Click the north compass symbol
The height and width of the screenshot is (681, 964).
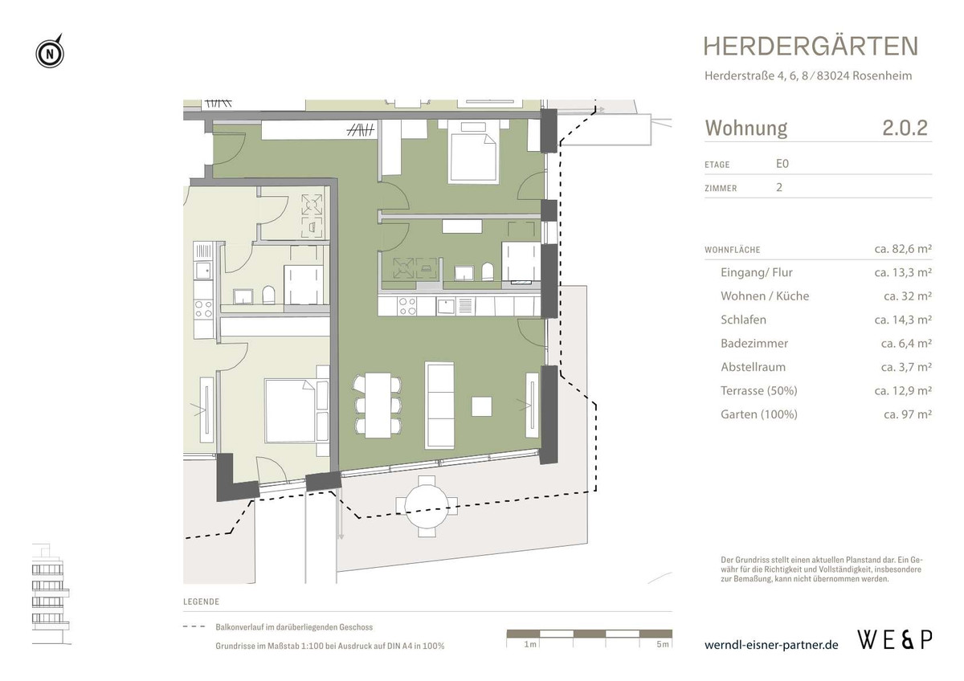pos(50,54)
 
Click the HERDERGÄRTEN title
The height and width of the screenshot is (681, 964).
pos(810,47)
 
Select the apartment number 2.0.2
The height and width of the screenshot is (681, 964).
pos(905,128)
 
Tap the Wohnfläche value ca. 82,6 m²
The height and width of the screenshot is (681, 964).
pos(902,250)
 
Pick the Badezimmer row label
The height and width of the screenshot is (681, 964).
pos(754,344)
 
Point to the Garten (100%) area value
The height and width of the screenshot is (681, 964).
pos(907,415)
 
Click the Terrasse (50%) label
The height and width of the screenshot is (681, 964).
pos(758,391)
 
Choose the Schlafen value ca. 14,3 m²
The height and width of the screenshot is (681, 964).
pos(902,320)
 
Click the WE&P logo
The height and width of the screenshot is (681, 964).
pos(895,640)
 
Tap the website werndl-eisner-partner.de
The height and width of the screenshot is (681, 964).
pos(771,645)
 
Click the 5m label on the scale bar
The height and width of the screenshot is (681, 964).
pos(663,645)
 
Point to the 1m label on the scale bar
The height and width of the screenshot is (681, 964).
pos(529,645)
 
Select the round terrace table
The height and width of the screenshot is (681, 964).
pos(427,503)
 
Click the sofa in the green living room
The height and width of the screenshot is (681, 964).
pos(439,406)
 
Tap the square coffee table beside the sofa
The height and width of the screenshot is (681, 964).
pos(482,406)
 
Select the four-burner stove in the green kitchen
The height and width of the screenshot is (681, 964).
pos(408,306)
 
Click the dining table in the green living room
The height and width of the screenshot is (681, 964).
pos(378,406)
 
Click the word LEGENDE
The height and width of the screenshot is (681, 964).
pos(201,601)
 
